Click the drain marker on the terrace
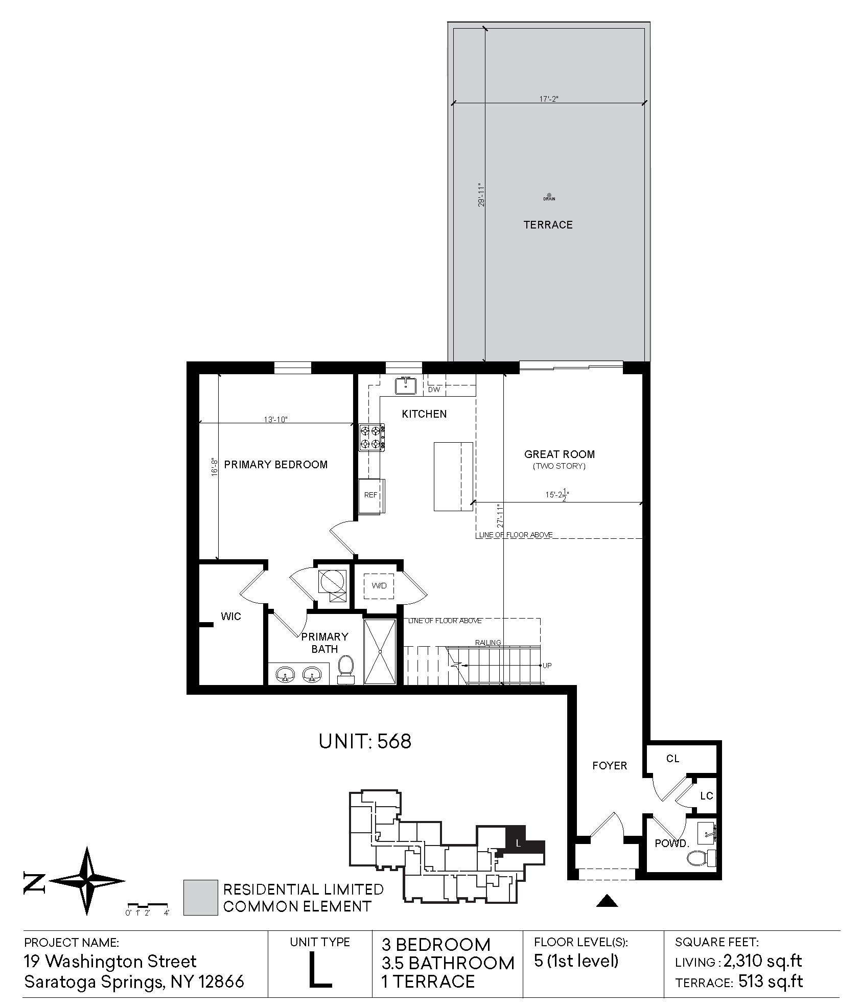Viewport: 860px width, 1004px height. click(x=549, y=195)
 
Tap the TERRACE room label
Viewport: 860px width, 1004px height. click(x=548, y=225)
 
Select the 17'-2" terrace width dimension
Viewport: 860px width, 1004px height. click(x=549, y=99)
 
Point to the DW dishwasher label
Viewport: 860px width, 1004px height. click(x=434, y=390)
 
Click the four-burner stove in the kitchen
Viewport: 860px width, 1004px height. click(x=371, y=437)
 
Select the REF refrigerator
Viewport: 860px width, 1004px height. click(x=371, y=495)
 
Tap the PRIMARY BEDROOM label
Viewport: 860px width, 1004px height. click(x=276, y=465)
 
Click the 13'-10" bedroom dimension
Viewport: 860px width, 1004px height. click(x=276, y=419)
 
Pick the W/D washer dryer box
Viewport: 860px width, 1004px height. click(x=379, y=586)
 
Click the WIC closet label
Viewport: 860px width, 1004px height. click(x=231, y=617)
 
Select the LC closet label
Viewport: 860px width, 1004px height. click(x=707, y=795)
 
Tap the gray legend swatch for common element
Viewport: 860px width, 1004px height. click(x=201, y=897)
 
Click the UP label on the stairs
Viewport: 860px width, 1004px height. click(x=547, y=666)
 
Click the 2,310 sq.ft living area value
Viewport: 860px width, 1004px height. click(x=763, y=961)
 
